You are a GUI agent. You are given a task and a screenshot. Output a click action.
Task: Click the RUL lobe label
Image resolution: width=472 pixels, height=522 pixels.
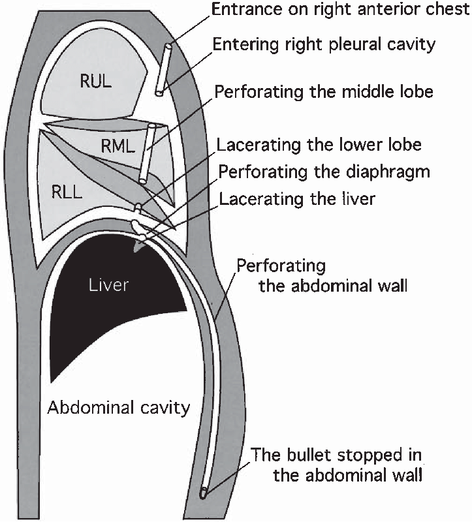pos(95,82)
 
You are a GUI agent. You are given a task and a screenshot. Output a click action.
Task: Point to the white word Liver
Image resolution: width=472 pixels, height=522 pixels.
pos(109,285)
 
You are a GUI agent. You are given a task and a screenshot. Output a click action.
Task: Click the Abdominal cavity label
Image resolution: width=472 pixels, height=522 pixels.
pos(119,408)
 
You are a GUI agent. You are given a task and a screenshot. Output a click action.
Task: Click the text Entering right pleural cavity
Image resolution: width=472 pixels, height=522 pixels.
pos(324,45)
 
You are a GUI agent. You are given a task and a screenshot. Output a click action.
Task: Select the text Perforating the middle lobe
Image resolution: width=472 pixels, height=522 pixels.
pos(324,91)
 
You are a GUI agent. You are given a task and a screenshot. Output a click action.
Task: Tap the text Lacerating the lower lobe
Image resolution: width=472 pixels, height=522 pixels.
pos(319,145)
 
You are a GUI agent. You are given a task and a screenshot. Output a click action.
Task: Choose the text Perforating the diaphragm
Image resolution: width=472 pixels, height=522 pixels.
pos(324,172)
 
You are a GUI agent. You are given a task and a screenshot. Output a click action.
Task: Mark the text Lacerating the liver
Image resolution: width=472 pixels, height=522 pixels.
pos(297,198)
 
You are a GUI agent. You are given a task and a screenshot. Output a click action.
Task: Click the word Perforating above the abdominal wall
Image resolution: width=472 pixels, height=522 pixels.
pos(281,266)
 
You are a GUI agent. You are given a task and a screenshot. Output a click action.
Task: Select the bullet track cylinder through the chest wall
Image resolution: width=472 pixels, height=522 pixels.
pos(163,70)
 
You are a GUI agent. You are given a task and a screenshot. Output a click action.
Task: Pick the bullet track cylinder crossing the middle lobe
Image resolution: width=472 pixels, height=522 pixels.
pos(147,153)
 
